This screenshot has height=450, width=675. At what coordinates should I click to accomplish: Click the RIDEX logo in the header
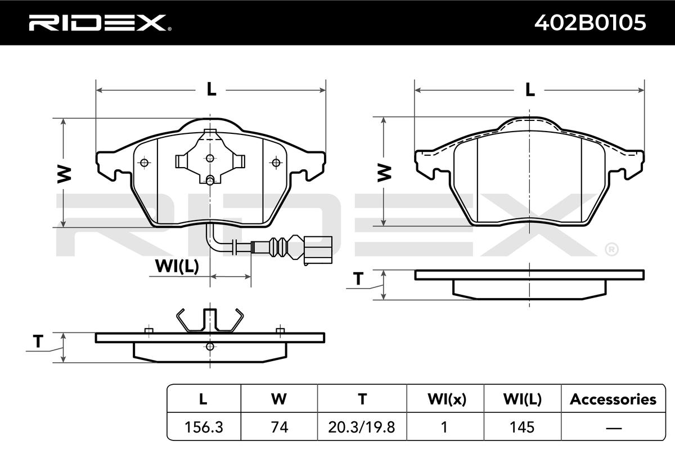tap(100, 23)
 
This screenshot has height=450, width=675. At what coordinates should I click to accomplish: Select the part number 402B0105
tap(590, 23)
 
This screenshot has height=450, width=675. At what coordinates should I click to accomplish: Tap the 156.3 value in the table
tap(204, 427)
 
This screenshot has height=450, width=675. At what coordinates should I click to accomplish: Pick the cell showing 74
tap(280, 427)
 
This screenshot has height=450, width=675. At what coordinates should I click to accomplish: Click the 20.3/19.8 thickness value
tap(362, 427)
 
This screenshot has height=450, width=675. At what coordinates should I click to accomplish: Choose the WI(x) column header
tap(447, 399)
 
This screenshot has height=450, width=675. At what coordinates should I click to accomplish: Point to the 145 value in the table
tap(522, 427)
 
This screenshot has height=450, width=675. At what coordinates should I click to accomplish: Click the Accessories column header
tap(613, 399)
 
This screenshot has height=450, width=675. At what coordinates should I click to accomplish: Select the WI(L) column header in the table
tap(523, 399)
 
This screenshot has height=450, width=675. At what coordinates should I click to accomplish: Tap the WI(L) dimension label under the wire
tap(177, 266)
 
